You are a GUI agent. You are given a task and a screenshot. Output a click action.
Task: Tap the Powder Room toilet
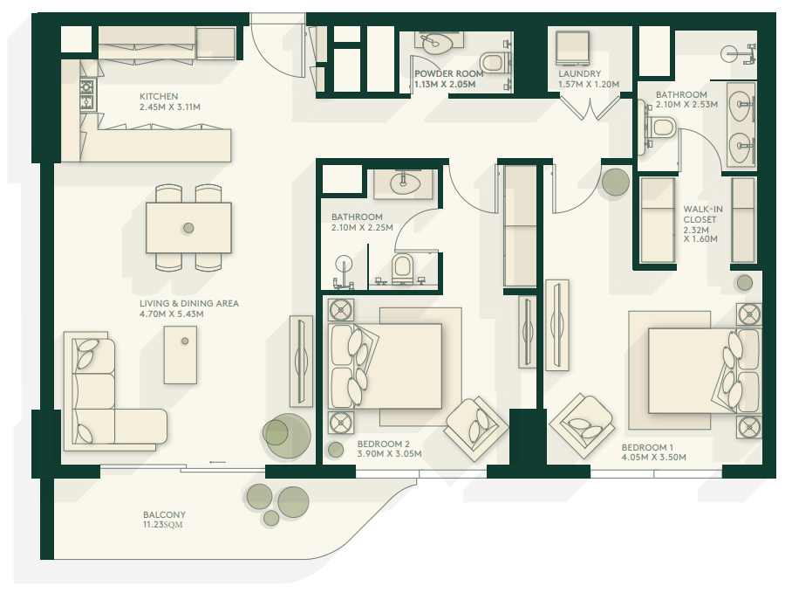(492, 63)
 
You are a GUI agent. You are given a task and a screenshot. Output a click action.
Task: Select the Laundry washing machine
(572, 48)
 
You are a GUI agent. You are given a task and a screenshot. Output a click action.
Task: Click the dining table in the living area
(188, 228)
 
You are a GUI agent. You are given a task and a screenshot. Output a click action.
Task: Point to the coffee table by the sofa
(181, 355)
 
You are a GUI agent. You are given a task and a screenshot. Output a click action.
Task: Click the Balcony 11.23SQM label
(164, 520)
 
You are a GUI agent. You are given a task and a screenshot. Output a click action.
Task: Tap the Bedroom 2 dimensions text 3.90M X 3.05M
(390, 454)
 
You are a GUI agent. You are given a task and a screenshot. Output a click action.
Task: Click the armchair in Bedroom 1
(582, 426)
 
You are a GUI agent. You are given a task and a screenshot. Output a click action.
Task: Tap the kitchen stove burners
(86, 94)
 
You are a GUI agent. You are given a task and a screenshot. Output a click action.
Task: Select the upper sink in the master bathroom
(741, 105)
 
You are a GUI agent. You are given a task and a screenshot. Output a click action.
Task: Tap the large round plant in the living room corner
(286, 435)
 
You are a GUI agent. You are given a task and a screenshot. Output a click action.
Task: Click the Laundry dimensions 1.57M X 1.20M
(589, 84)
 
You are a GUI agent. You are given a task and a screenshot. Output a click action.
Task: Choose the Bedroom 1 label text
(647, 447)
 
